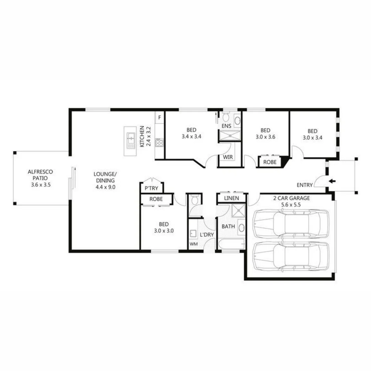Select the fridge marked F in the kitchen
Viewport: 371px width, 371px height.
(159, 118)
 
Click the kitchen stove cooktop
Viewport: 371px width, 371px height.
(160, 143)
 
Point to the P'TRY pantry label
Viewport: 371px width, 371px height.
(151, 188)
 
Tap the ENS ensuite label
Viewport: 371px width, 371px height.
(226, 126)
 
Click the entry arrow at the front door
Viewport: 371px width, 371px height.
(332, 181)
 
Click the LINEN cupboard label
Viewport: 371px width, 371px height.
(232, 198)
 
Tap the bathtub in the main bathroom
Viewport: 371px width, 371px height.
(231, 245)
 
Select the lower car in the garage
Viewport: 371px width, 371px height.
(291, 257)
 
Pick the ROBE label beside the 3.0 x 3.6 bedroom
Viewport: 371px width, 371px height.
(270, 162)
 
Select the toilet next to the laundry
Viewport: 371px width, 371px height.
(194, 200)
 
